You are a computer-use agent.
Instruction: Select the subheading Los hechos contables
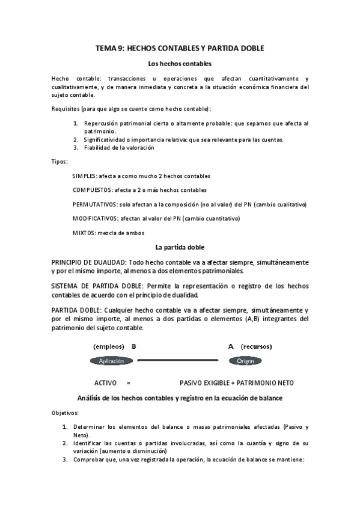[x=180, y=63]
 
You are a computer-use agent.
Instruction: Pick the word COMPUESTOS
[x=91, y=190]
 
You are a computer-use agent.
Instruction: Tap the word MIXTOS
[x=84, y=233]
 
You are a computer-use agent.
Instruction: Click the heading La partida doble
[x=180, y=247]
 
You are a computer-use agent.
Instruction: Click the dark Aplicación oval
[x=111, y=361]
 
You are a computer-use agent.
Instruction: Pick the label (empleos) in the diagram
[x=109, y=347]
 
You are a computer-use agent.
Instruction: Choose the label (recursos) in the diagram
[x=257, y=347]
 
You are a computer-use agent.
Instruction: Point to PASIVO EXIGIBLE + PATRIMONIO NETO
[x=237, y=382]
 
